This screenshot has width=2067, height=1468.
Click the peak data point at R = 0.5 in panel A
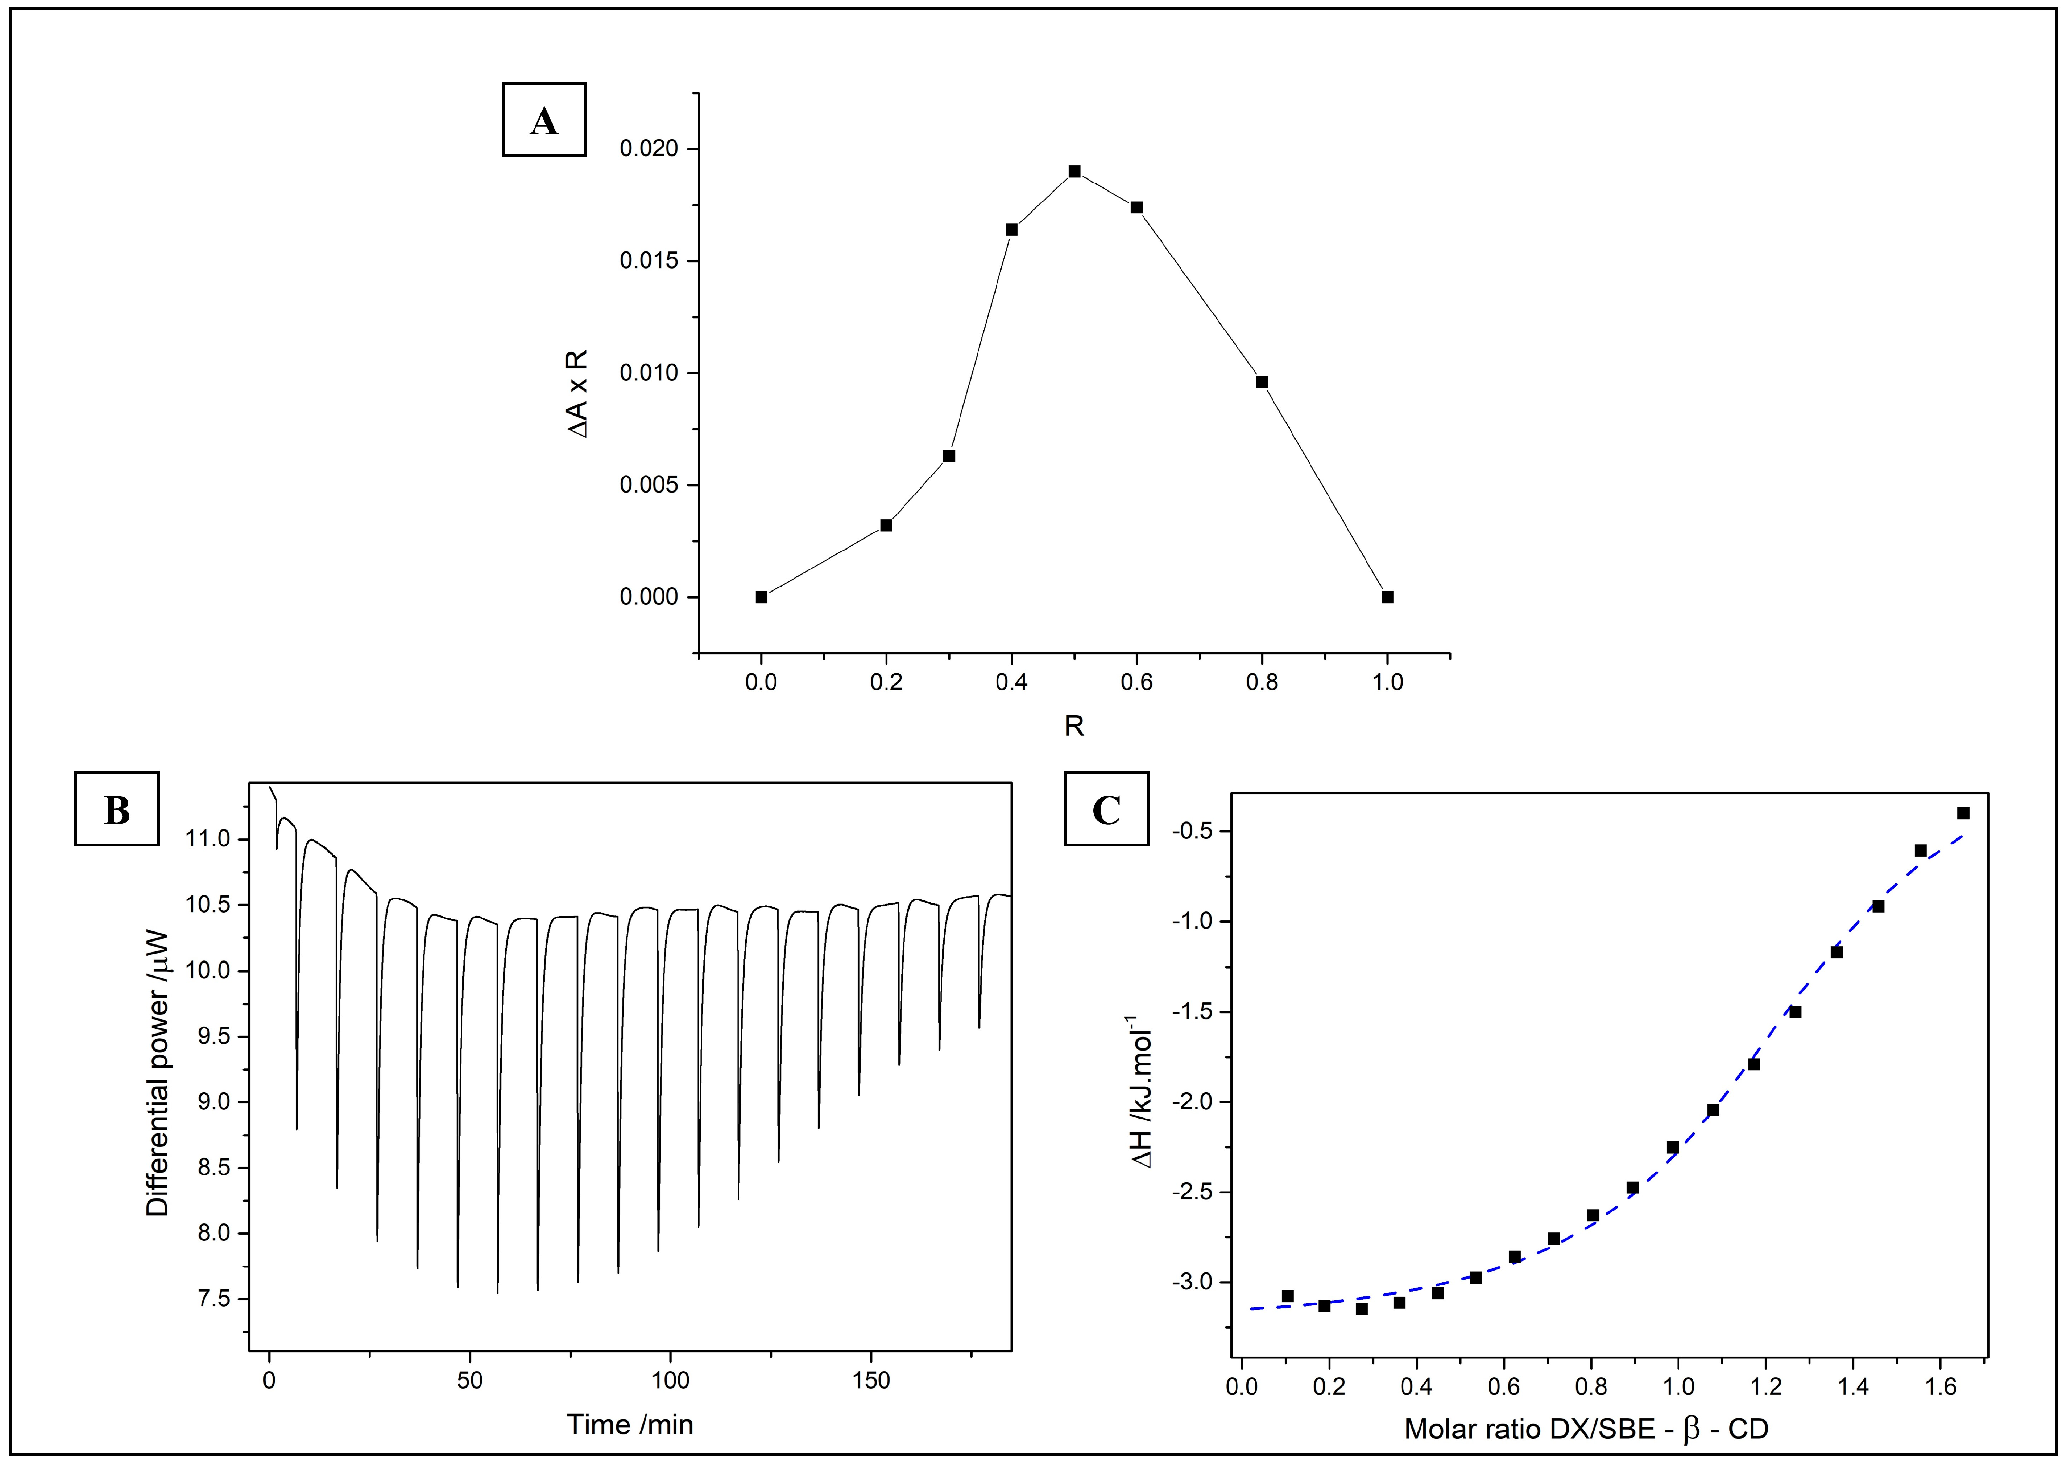[x=1074, y=171]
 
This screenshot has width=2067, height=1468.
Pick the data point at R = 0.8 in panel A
[x=1262, y=382]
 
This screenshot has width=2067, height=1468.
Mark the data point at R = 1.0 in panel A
[x=1387, y=597]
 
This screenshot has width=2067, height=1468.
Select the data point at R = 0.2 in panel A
[x=886, y=525]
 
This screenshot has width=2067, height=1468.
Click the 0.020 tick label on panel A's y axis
[x=648, y=148]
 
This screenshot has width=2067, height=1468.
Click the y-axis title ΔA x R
[x=576, y=394]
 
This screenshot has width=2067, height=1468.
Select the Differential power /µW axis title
[x=157, y=1072]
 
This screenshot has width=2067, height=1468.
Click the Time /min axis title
[x=630, y=1425]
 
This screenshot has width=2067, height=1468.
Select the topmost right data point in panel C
[x=1963, y=813]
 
